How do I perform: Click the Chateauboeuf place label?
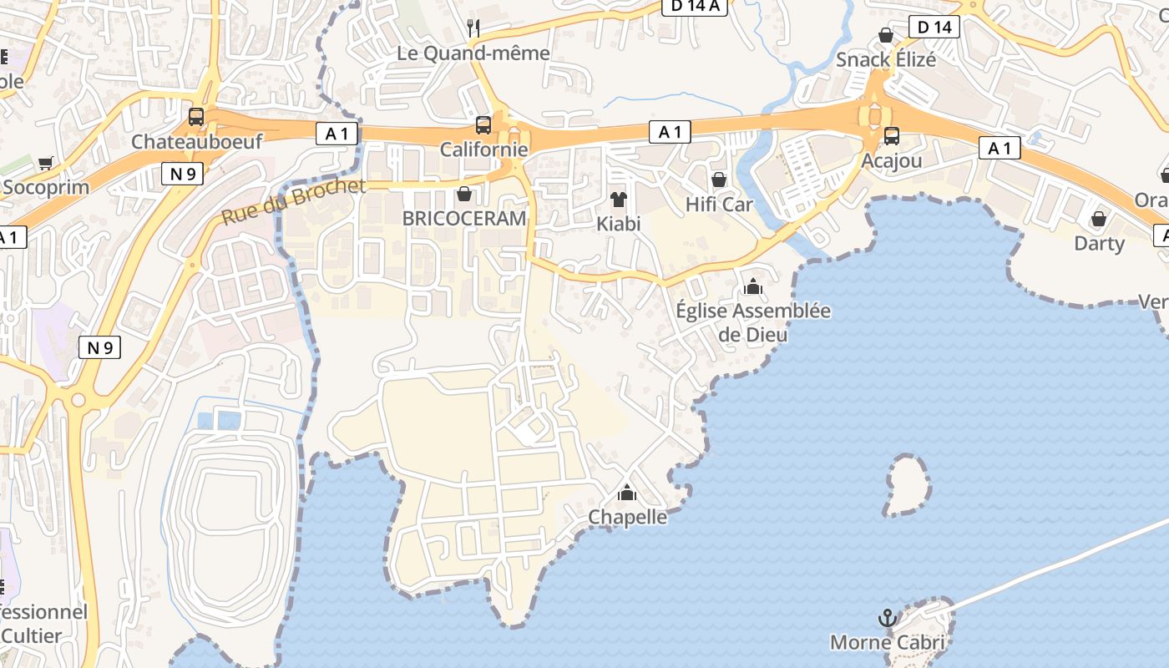[196, 141]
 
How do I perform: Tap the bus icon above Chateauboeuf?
[196, 116]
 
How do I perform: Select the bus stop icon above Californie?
[483, 125]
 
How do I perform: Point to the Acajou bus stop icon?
[892, 135]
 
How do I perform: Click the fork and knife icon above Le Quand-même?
[473, 28]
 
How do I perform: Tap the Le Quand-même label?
[473, 53]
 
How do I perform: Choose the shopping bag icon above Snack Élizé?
[886, 35]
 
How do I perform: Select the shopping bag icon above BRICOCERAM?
[464, 194]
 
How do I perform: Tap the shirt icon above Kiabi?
[618, 199]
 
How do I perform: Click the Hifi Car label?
[719, 204]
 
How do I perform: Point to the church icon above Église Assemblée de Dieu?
[753, 286]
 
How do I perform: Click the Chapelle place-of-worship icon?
[627, 493]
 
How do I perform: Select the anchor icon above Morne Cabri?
[888, 618]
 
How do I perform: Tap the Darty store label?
[1099, 243]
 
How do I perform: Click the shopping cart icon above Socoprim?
[46, 163]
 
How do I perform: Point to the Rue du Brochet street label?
[293, 201]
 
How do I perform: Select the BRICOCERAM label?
[464, 219]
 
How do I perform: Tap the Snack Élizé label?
[886, 60]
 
